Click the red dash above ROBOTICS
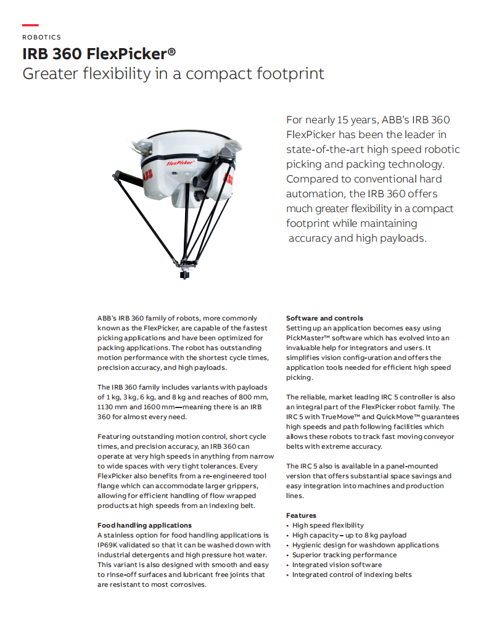pos(30,25)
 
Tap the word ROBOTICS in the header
pos(41,38)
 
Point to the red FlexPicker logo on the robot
pos(181,163)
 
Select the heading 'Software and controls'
pos(324,318)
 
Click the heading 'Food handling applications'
pos(144,525)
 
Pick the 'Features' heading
pos(301,515)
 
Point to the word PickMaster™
pos(310,338)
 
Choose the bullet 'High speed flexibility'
pos(327,525)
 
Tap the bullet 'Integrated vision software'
pos(337,565)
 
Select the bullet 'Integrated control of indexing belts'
pos(352,574)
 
